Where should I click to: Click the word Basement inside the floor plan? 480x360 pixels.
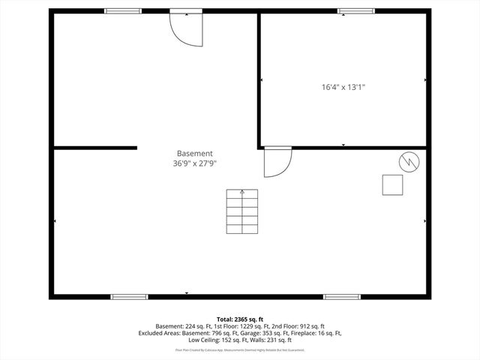click(195, 153)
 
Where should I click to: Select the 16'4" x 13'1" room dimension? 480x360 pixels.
click(343, 87)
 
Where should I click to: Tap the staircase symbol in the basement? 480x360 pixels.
click(242, 212)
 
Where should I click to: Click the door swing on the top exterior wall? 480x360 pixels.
click(184, 28)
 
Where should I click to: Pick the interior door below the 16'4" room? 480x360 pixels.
click(277, 161)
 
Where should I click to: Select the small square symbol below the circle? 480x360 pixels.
click(392, 184)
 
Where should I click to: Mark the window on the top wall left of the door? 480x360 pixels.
click(123, 11)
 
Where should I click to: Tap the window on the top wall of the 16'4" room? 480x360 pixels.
click(356, 11)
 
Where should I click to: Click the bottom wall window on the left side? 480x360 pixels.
click(130, 296)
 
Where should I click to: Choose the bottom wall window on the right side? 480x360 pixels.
click(342, 296)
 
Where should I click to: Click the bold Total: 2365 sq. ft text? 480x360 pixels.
click(240, 319)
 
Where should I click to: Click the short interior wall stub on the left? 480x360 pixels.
click(94, 148)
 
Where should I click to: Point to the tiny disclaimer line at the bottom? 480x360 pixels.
click(240, 349)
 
